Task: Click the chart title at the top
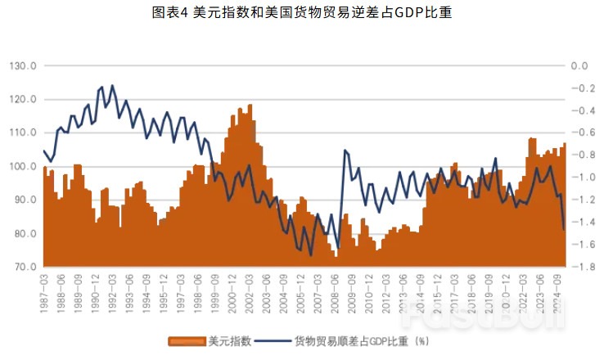click(x=302, y=12)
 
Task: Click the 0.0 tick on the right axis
click(x=579, y=65)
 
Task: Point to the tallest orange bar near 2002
click(x=250, y=106)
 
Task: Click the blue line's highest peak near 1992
click(x=112, y=85)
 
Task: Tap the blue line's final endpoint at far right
click(x=564, y=230)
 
